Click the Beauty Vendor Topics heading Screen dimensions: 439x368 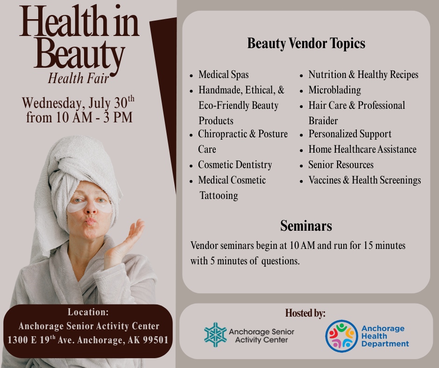(x=306, y=43)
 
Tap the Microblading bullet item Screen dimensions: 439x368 (x=334, y=90)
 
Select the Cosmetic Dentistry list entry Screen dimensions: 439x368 (x=235, y=165)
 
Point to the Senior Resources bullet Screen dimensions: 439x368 (x=341, y=165)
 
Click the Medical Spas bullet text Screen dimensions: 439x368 (x=223, y=75)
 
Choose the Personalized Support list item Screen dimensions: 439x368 (x=350, y=134)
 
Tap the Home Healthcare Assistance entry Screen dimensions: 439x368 (x=362, y=149)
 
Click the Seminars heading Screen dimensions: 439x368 (x=306, y=226)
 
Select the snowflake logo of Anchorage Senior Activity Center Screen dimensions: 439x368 (x=215, y=335)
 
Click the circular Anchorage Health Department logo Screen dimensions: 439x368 (x=341, y=336)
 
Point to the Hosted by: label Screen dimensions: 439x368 (x=305, y=313)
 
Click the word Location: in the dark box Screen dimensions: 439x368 (x=88, y=312)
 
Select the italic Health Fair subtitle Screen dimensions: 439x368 (x=78, y=78)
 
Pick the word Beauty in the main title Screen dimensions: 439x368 (x=79, y=55)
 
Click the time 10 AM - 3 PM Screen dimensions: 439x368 (x=79, y=117)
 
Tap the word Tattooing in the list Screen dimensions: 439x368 (x=219, y=196)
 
